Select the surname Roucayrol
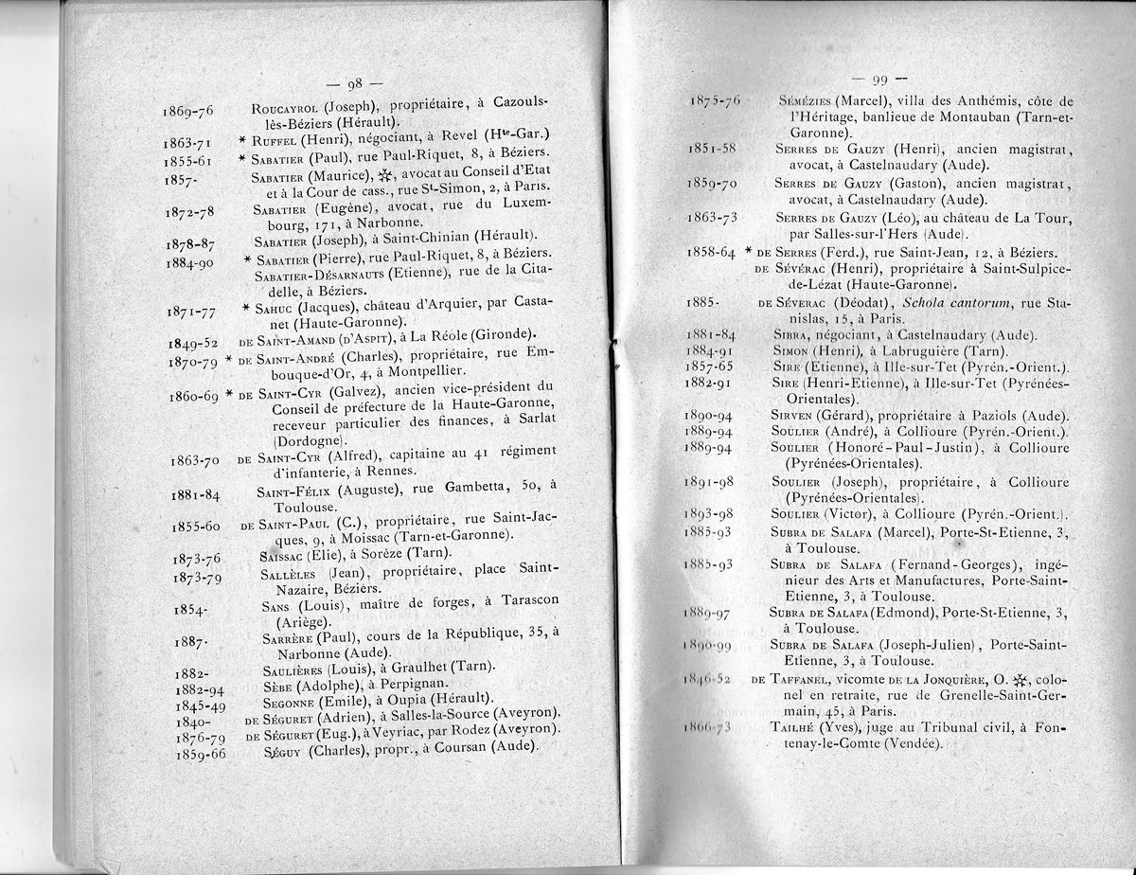[286, 105]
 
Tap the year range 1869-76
[188, 111]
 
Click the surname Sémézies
[805, 101]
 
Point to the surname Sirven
[797, 416]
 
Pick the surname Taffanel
[801, 679]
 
